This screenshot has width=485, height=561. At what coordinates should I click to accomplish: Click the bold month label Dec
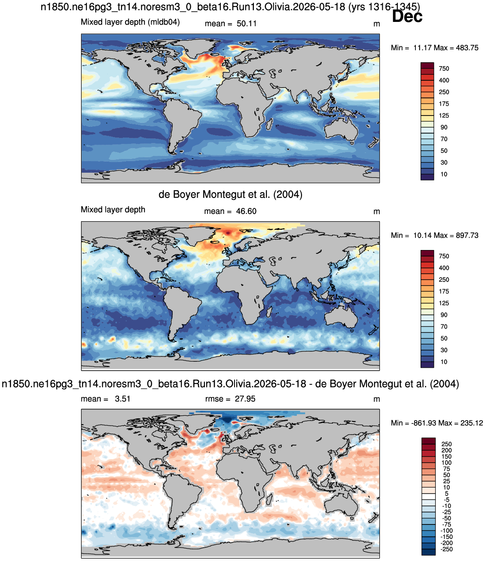point(407,16)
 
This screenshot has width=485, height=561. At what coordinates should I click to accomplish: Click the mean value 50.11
point(247,24)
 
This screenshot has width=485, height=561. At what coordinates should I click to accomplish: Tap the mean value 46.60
point(246,211)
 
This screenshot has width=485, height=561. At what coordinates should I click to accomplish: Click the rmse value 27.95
point(245,399)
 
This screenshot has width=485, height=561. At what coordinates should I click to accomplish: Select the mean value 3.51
point(122,399)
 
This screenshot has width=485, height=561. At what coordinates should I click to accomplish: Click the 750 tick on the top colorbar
point(444,69)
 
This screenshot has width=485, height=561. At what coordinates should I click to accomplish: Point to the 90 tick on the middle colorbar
point(444,315)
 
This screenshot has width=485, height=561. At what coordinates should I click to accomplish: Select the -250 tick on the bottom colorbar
point(446,549)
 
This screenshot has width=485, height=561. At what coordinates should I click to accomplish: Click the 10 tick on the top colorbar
point(444,174)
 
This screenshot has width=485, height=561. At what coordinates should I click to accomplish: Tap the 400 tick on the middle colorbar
point(444,268)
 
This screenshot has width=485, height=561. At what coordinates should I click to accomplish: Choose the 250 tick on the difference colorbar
point(446,444)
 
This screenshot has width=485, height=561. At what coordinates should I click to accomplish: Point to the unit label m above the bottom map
point(376,399)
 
